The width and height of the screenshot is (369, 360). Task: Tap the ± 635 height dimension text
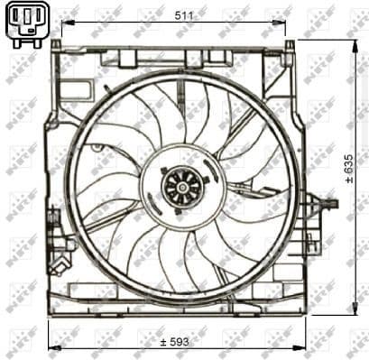tap(348, 169)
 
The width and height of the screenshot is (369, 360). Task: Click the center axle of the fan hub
tap(182, 187)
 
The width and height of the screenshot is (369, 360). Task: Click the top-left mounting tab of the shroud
tap(56, 44)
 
